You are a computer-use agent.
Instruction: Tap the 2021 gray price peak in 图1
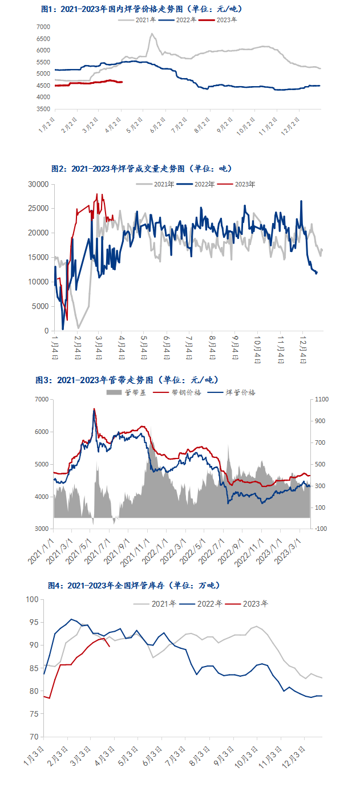click(152, 34)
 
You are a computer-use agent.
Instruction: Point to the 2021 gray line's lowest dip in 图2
click(78, 328)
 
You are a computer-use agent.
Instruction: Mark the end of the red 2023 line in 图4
click(109, 646)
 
